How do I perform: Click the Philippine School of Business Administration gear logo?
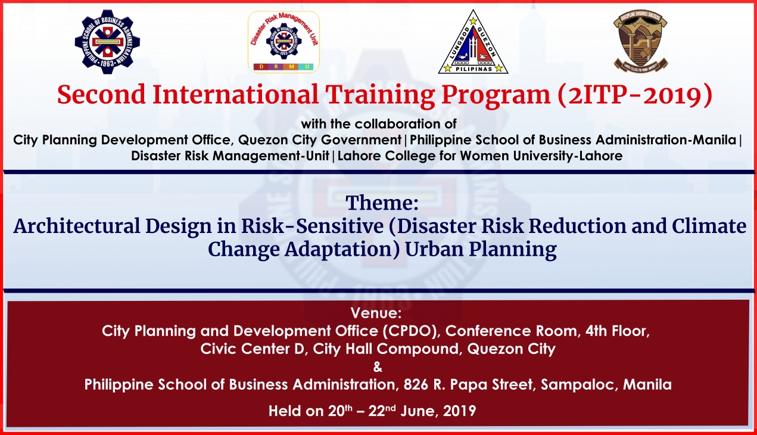tap(107, 42)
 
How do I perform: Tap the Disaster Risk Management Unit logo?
tap(284, 42)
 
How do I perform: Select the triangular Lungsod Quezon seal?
tap(473, 42)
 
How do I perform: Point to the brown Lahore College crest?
tap(640, 41)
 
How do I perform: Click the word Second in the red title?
tap(101, 95)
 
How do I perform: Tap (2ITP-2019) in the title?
tap(635, 95)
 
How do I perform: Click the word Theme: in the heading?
tap(382, 203)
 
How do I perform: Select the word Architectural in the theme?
tap(77, 226)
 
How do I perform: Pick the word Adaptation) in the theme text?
tap(342, 250)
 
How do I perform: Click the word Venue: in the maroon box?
tap(376, 313)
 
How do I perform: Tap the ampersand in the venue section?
tap(378, 366)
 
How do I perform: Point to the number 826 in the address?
tap(416, 384)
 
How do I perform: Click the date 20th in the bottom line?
tap(340, 411)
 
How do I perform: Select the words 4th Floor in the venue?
tap(618, 331)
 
